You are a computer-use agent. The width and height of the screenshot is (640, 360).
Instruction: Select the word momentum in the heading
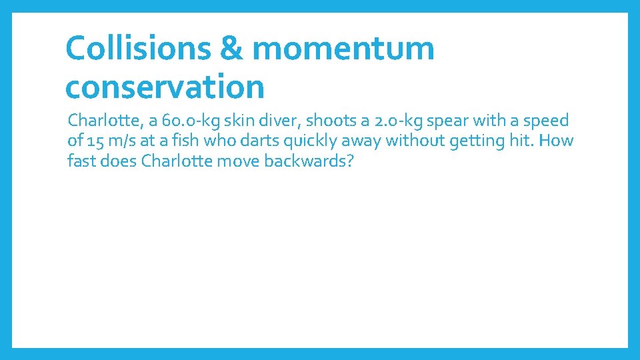[344, 49]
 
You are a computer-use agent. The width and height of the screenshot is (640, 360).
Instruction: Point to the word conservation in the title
[165, 87]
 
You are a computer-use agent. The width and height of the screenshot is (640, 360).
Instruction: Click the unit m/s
[123, 141]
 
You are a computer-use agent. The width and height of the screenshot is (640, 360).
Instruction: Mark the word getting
[470, 141]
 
